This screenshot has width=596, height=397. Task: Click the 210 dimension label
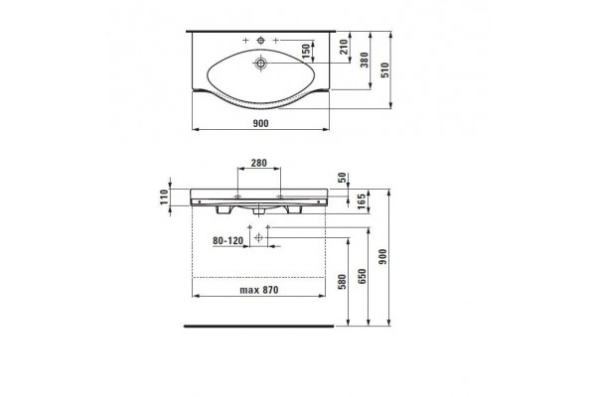coord(344,47)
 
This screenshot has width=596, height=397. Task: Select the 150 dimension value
coord(306,52)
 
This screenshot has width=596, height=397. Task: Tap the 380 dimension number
coord(365,60)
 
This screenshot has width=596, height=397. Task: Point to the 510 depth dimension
coord(384,70)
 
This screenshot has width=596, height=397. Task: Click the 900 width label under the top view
coord(260,123)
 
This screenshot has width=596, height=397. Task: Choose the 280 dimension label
coord(259,163)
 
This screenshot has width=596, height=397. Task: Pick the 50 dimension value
coord(342,178)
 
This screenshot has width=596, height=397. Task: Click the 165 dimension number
coord(362,201)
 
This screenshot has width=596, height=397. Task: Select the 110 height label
coord(164,198)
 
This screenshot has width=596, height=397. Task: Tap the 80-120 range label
coord(227,241)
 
